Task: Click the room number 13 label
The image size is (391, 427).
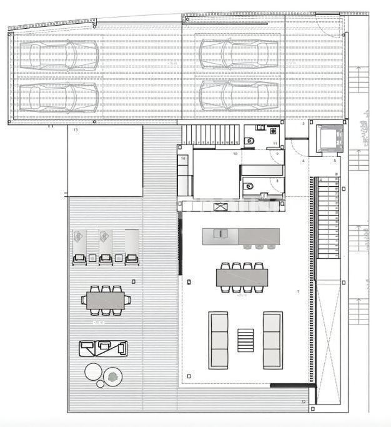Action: (76, 130)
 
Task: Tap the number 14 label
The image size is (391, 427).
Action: (183, 159)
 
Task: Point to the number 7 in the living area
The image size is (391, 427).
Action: (298, 292)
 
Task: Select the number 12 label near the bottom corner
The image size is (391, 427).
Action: (304, 401)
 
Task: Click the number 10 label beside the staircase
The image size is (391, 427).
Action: (235, 153)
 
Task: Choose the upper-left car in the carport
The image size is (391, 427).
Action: (59, 55)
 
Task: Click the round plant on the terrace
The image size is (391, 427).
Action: (113, 376)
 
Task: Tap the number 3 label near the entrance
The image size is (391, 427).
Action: (303, 124)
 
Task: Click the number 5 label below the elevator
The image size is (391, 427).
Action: (335, 161)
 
